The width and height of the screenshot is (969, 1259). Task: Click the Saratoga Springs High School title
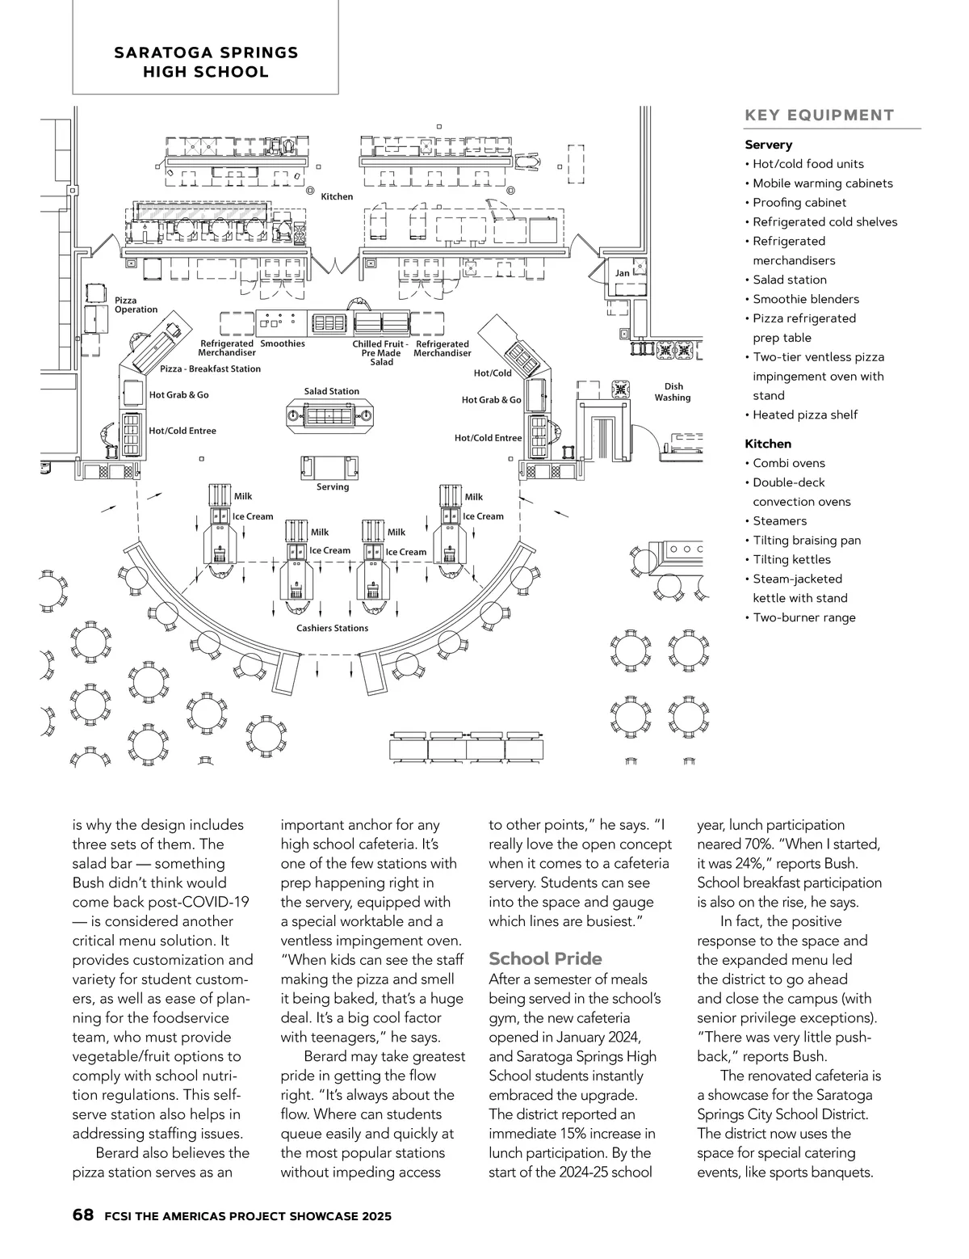[x=206, y=62]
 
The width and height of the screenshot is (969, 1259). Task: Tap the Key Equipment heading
[x=819, y=116]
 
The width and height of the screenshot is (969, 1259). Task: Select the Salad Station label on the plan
[x=331, y=391]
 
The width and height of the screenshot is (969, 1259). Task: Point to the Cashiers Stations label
[x=332, y=628]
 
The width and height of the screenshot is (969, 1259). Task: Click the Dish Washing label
[x=673, y=392]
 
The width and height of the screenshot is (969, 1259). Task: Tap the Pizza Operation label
[x=136, y=305]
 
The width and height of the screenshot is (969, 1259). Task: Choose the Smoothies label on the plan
[x=283, y=344]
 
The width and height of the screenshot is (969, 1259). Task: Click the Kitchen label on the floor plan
[x=337, y=196]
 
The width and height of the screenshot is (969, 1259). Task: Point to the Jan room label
[x=622, y=273]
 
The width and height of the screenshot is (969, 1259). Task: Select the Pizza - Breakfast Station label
[x=210, y=368]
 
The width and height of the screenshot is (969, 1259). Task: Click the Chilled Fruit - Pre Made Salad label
[x=381, y=353]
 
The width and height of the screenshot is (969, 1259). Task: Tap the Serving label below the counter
[x=333, y=486]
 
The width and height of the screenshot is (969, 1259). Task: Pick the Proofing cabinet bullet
[x=799, y=203]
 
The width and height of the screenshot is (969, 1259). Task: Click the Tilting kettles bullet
[x=791, y=559]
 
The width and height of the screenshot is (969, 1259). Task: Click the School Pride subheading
[x=545, y=959]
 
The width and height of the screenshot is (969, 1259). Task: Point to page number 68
[x=82, y=1215]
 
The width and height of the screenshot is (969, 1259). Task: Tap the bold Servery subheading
[x=768, y=145]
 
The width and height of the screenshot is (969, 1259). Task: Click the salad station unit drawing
[x=331, y=416]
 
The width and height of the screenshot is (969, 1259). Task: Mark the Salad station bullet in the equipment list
[x=789, y=280]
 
